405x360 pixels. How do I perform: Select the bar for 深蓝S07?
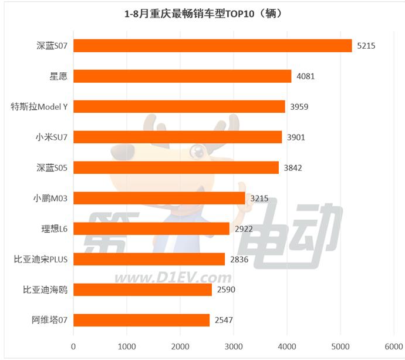pyautogui.click(x=212, y=46)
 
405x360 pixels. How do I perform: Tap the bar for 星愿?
pyautogui.click(x=182, y=76)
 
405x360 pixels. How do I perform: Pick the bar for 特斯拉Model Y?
pyautogui.click(x=179, y=107)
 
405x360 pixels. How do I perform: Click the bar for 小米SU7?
pyautogui.click(x=177, y=137)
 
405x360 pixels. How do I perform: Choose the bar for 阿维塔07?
pyautogui.click(x=141, y=320)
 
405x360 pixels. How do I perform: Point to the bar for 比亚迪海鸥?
pyautogui.click(x=143, y=290)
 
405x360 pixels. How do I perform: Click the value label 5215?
pyautogui.click(x=367, y=46)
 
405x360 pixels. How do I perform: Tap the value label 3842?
pyautogui.click(x=293, y=168)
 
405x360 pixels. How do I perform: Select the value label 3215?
pyautogui.click(x=259, y=198)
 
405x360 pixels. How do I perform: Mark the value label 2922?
pyautogui.click(x=244, y=229)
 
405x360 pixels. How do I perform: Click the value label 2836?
pyautogui.click(x=239, y=260)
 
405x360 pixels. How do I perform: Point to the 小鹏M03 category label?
pyautogui.click(x=51, y=198)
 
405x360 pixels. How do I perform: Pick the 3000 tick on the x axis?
pyautogui.click(x=234, y=346)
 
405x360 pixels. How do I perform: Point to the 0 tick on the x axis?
pyautogui.click(x=73, y=346)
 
